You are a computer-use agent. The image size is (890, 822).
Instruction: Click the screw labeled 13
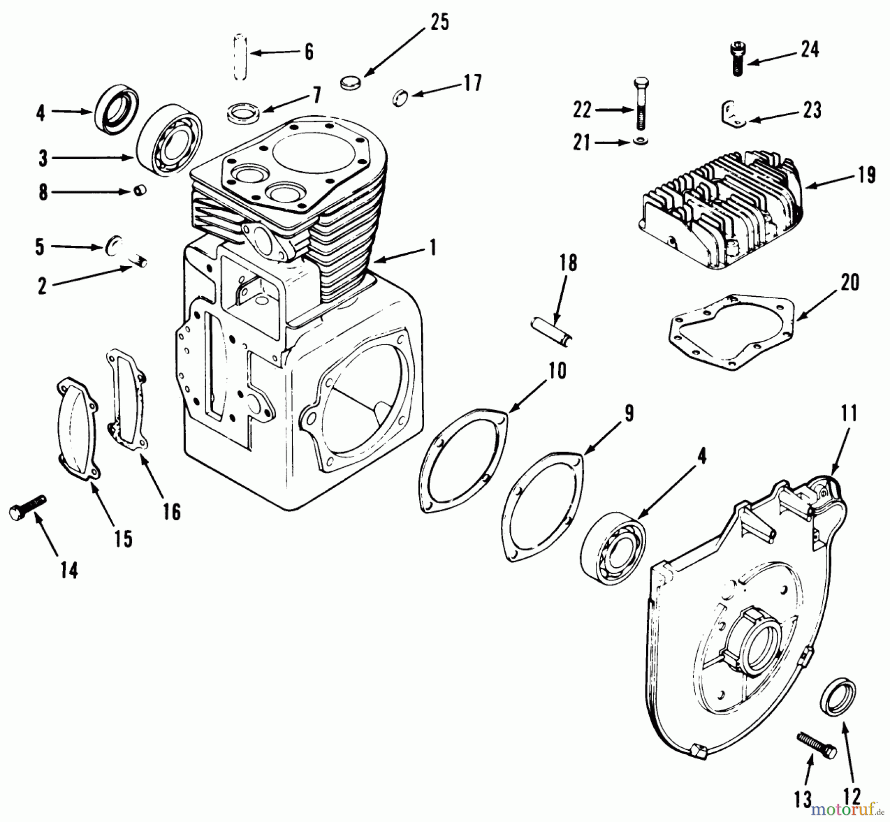tap(816, 745)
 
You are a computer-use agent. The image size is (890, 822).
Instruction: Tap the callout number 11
tap(848, 413)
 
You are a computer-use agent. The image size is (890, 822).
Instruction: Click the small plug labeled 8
tap(140, 190)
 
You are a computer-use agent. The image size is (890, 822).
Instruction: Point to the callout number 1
tap(433, 247)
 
